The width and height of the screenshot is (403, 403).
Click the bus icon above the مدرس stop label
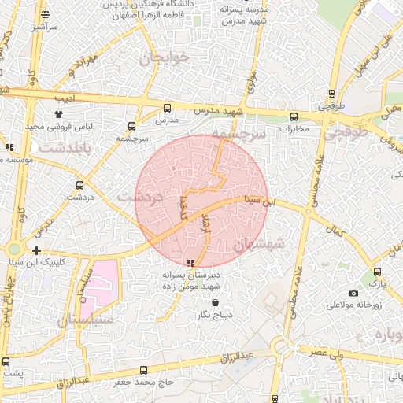pos(166,108)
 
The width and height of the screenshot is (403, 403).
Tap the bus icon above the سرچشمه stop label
pos(131,126)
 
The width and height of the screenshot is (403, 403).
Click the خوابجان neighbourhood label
pos(165,58)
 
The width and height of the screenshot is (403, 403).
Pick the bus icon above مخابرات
pos(294,117)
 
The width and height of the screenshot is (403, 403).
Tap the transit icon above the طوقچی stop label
pos(331,93)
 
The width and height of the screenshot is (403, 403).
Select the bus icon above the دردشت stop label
pos(79,185)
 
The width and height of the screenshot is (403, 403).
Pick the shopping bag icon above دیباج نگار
pos(204,301)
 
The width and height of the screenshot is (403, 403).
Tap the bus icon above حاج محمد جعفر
pos(142,370)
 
